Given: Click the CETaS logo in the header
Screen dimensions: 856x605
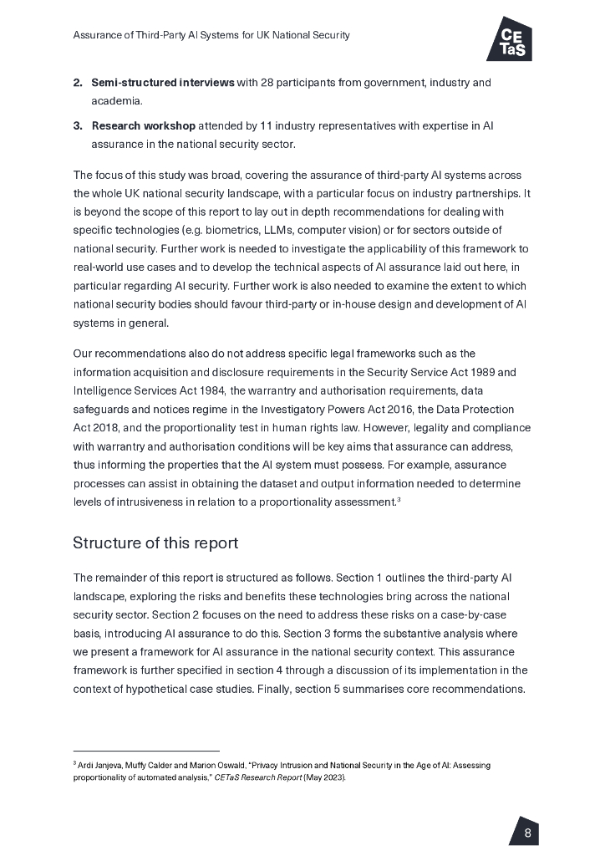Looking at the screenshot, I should click(509, 38).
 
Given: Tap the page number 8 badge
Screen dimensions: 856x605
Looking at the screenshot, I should click(526, 833).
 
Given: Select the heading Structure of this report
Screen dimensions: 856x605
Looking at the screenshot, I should click(155, 543).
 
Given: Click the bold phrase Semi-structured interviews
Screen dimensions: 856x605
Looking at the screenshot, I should click(162, 83).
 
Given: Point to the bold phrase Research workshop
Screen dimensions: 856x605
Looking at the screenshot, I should click(143, 126).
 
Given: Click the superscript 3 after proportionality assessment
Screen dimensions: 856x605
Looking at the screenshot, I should click(399, 499).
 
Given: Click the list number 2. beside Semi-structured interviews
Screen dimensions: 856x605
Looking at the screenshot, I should click(78, 83).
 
